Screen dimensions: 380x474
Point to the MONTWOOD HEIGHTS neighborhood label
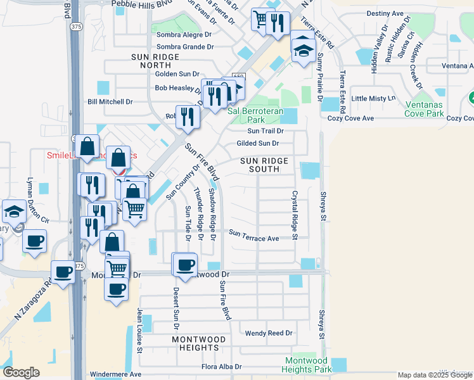pos(195,344)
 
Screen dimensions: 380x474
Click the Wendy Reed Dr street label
pos(269,332)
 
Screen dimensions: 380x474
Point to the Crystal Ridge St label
pos(295,215)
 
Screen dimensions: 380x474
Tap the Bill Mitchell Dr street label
pos(110,101)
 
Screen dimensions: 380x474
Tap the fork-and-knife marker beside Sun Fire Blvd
pos(188,115)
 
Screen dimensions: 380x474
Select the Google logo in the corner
pos(21,372)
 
